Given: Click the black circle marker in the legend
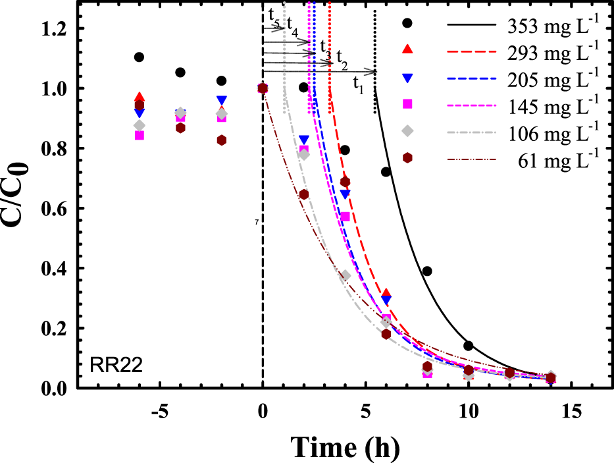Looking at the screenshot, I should click(407, 23).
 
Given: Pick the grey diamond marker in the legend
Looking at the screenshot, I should click(407, 130).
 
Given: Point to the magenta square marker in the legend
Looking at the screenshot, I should click(407, 103).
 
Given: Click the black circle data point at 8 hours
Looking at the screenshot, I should click(427, 271).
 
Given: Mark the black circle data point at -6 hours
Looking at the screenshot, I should click(139, 57).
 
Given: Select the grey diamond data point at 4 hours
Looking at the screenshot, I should click(345, 275).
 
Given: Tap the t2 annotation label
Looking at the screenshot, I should click(342, 55).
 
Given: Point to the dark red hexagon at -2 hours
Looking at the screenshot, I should click(222, 140).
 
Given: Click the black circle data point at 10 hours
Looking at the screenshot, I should click(469, 346).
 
